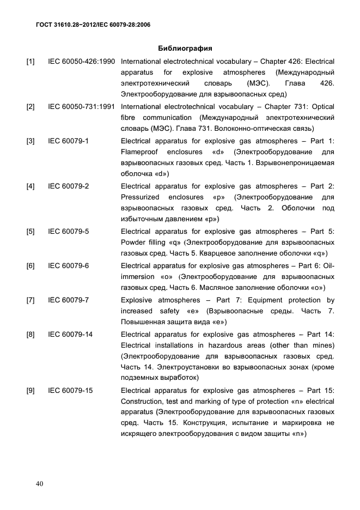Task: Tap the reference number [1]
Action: pyautogui.click(x=31, y=62)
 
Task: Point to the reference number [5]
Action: pyautogui.click(x=31, y=232)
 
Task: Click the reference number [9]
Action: pyautogui.click(x=31, y=391)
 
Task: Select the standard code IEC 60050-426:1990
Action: pyautogui.click(x=82, y=62)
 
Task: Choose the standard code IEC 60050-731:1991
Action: pyautogui.click(x=82, y=107)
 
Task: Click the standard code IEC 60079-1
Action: pyautogui.click(x=69, y=141)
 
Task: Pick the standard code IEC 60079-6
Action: pyautogui.click(x=69, y=266)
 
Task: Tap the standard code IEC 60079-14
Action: pyautogui.click(x=71, y=334)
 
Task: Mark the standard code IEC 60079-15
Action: pyautogui.click(x=71, y=391)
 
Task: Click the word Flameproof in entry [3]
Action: pyautogui.click(x=139, y=152)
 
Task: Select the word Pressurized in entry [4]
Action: pyautogui.click(x=140, y=197)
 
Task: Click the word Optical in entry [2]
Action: pyautogui.click(x=322, y=107)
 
